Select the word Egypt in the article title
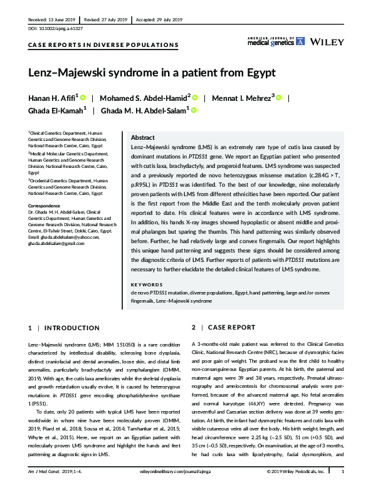pos(258,72)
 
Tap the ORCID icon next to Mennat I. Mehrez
pos(279,98)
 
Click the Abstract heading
pos(142,137)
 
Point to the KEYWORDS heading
pos(146,284)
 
